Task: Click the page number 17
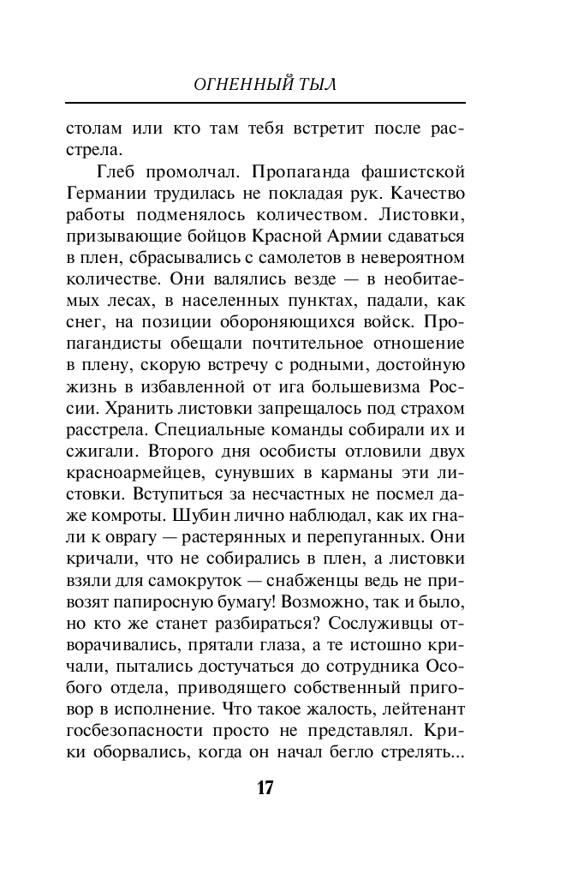pos(265,787)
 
